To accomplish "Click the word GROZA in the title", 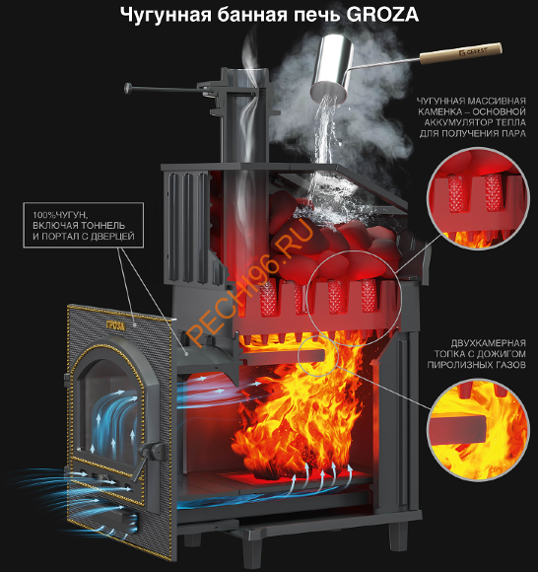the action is [382, 15].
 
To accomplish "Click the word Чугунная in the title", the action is [166, 16].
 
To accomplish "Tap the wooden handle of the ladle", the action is [461, 53].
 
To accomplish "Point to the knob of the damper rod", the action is [129, 88].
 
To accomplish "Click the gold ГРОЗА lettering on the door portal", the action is [115, 325].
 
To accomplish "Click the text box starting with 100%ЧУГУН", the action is [84, 226].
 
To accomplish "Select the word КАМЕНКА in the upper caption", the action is [436, 111].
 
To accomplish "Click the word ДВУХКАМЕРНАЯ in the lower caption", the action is [489, 343].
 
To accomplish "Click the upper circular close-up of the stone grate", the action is [478, 198].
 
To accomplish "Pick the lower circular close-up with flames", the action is [478, 431].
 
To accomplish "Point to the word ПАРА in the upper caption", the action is [514, 133].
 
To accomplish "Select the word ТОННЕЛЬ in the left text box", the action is [103, 226].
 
